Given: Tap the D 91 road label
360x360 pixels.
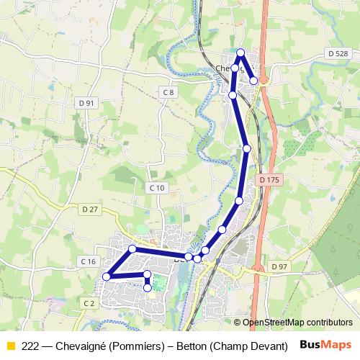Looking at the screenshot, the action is click(86, 103).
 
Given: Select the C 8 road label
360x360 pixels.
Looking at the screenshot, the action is click(168, 93).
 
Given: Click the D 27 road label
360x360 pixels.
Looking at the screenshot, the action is click(90, 210).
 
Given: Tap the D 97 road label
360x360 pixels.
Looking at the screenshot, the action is click(279, 266).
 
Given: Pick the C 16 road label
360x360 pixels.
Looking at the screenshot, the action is click(89, 261).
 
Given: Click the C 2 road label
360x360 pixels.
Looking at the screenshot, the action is click(89, 303).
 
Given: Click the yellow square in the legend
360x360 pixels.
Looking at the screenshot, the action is click(11, 345).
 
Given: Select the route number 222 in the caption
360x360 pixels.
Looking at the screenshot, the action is click(31, 345).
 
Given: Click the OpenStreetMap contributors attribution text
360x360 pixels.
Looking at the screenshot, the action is click(297, 323).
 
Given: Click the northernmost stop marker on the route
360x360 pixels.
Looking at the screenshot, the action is click(241, 52).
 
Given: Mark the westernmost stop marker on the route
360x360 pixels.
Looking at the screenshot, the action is click(107, 276).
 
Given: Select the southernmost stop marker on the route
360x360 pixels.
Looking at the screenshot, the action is click(148, 287).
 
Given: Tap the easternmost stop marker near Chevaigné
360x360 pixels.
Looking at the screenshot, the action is click(253, 81).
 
